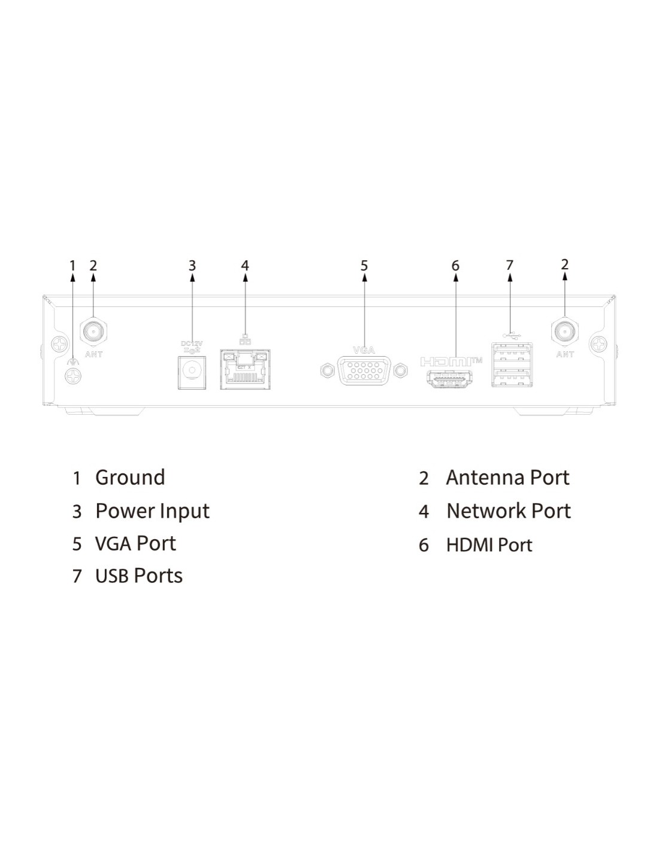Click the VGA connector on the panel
(364, 371)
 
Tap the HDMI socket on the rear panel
(449, 379)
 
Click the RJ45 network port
(244, 370)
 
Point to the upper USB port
(511, 353)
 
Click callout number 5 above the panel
(364, 266)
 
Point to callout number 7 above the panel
(510, 265)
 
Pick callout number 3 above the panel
(192, 266)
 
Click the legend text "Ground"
(130, 478)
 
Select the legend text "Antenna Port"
(507, 478)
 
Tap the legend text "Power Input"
(152, 511)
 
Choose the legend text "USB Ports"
(138, 576)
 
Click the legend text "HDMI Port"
(489, 545)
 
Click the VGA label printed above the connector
(364, 350)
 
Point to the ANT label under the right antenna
(565, 354)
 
